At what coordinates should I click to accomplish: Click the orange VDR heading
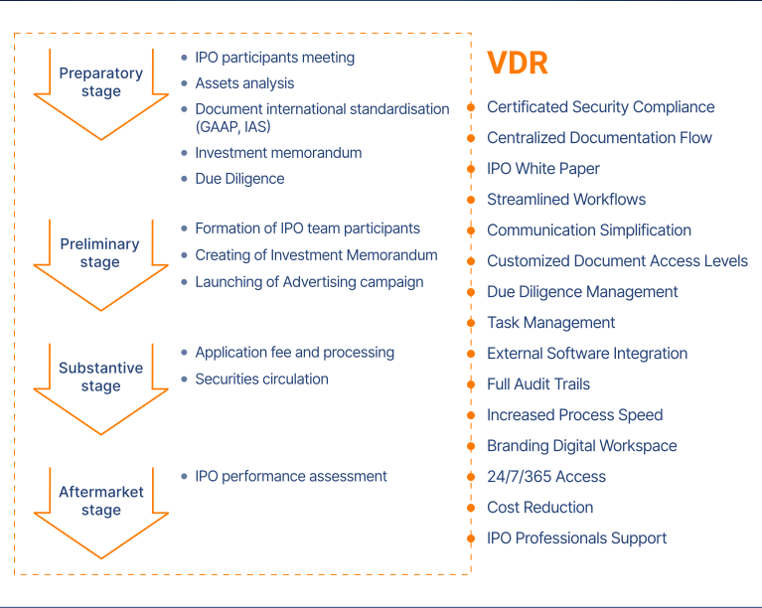click(x=518, y=64)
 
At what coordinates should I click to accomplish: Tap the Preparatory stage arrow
click(x=101, y=89)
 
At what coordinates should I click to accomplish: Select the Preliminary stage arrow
click(x=101, y=260)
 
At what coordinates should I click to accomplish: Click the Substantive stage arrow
click(x=101, y=384)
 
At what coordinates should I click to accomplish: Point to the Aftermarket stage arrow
click(x=101, y=508)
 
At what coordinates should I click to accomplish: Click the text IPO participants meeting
click(x=274, y=58)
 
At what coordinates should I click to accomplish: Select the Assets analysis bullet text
click(x=244, y=83)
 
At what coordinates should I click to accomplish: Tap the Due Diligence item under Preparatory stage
click(x=239, y=179)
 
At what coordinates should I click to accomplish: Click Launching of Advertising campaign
click(x=309, y=282)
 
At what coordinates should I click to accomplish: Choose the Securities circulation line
click(x=261, y=379)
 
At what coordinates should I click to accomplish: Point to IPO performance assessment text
click(x=291, y=476)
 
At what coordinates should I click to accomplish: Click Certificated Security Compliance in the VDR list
click(x=600, y=107)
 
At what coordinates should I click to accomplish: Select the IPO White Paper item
click(x=542, y=169)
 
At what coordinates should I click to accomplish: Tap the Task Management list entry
click(x=550, y=323)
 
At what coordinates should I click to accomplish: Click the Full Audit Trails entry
click(x=537, y=384)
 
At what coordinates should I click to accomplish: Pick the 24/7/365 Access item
click(x=545, y=477)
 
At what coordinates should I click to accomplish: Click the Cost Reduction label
click(x=539, y=508)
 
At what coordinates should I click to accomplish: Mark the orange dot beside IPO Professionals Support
click(x=471, y=539)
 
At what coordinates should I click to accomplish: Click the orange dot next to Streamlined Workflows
click(x=471, y=201)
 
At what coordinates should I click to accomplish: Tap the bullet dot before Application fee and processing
click(x=185, y=353)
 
